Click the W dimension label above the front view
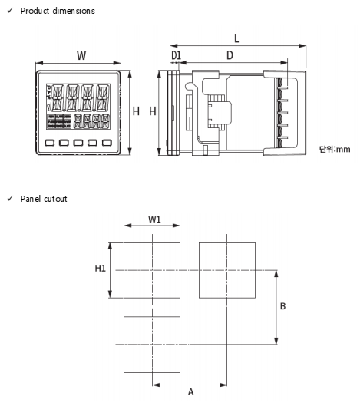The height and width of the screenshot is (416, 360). point(81,56)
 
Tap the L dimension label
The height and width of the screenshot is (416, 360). point(237,38)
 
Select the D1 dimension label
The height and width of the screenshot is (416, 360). point(176,55)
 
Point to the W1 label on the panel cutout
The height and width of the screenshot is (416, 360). point(154,220)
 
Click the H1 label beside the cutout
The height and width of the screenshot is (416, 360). point(101,269)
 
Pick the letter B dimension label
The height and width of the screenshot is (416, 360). point(282,306)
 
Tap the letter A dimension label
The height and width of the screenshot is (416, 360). point(190,392)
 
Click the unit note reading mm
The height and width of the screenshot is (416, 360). point(343,150)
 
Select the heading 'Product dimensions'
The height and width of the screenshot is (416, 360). point(58,11)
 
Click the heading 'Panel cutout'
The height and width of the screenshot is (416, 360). point(44,199)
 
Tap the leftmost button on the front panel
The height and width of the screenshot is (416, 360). point(50,143)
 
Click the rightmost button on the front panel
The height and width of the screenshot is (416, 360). point(107,143)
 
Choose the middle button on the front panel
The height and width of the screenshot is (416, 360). point(78,143)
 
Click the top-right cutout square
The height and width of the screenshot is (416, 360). point(227,242)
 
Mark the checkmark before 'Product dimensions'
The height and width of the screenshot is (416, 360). point(10,11)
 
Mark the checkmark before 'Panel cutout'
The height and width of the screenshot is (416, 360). point(10,199)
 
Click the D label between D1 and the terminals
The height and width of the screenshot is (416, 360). point(230,55)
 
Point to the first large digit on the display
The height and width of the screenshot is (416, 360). point(58,98)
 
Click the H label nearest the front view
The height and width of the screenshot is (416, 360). point(136,111)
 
